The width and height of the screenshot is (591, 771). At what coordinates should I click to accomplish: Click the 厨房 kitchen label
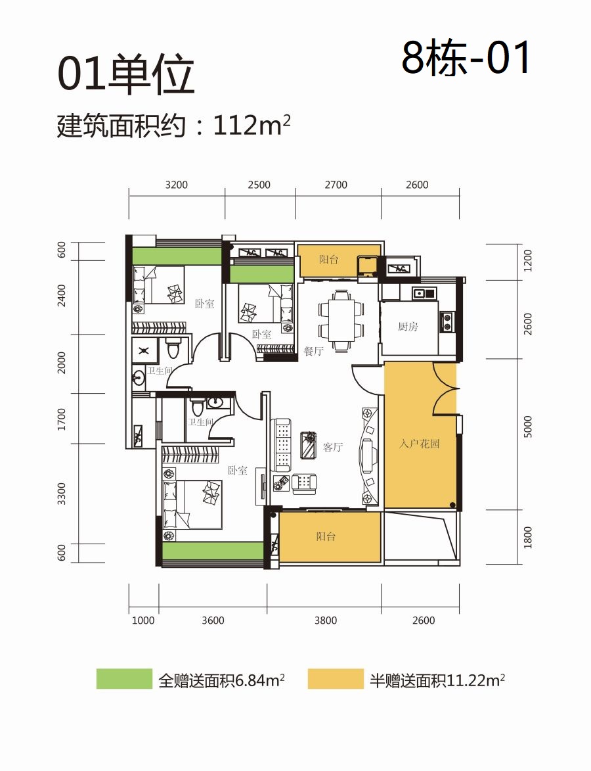(408, 327)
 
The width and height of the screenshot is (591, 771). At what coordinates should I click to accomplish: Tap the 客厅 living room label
(332, 447)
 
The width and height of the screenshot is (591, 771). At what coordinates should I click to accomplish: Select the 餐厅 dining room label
(313, 351)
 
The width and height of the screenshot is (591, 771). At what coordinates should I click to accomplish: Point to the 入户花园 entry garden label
(419, 444)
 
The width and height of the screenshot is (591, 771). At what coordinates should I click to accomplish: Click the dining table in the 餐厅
(341, 321)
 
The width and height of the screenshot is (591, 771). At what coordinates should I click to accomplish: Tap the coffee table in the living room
(309, 445)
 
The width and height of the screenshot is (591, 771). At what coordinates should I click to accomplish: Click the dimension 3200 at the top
(177, 185)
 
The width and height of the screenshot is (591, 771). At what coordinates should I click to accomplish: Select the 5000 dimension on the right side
(528, 427)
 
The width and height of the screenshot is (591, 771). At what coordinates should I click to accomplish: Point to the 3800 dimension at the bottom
(326, 620)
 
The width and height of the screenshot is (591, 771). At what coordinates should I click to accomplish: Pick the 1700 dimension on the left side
(62, 419)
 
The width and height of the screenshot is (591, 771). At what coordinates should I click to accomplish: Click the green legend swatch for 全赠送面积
(124, 678)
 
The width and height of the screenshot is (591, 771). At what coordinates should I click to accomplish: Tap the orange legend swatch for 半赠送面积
(336, 678)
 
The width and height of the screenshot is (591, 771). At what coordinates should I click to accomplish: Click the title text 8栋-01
(466, 58)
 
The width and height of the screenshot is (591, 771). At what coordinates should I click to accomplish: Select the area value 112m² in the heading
(252, 126)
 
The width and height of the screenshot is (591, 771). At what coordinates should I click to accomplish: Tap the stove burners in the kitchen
(447, 321)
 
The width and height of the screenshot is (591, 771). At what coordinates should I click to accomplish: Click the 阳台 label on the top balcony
(328, 259)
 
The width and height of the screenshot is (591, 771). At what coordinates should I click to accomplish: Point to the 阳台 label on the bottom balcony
(326, 536)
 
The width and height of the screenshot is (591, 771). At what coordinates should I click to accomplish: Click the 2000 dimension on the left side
(62, 363)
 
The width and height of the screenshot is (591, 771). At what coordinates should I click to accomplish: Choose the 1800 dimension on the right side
(528, 538)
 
